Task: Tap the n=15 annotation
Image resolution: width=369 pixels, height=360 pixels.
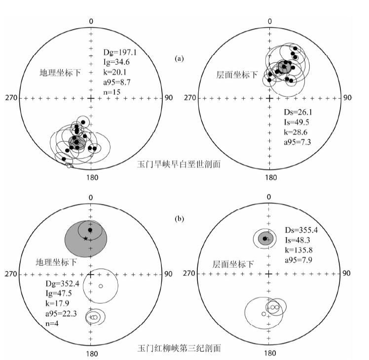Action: [111, 92]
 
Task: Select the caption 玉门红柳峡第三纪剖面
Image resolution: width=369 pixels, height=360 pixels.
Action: [179, 347]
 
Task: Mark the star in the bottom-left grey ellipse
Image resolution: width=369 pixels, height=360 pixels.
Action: [85, 239]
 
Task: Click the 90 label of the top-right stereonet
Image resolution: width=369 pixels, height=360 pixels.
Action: [347, 98]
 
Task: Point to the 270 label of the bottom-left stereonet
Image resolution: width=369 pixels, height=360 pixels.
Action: [11, 273]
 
